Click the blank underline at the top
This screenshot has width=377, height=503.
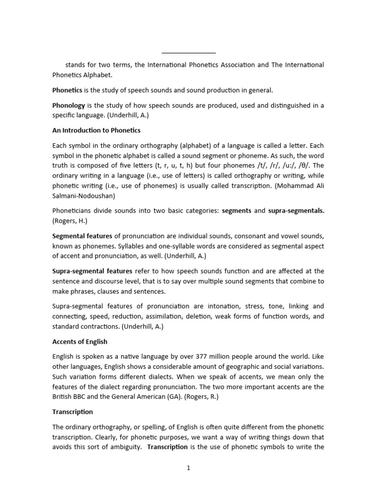click(x=188, y=52)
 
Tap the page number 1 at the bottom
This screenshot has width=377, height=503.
click(x=188, y=468)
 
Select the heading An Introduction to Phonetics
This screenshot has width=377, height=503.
click(x=96, y=130)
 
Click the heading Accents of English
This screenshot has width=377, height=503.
click(x=80, y=341)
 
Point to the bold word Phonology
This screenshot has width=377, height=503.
click(x=69, y=106)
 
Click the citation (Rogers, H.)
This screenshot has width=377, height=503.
click(x=69, y=220)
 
